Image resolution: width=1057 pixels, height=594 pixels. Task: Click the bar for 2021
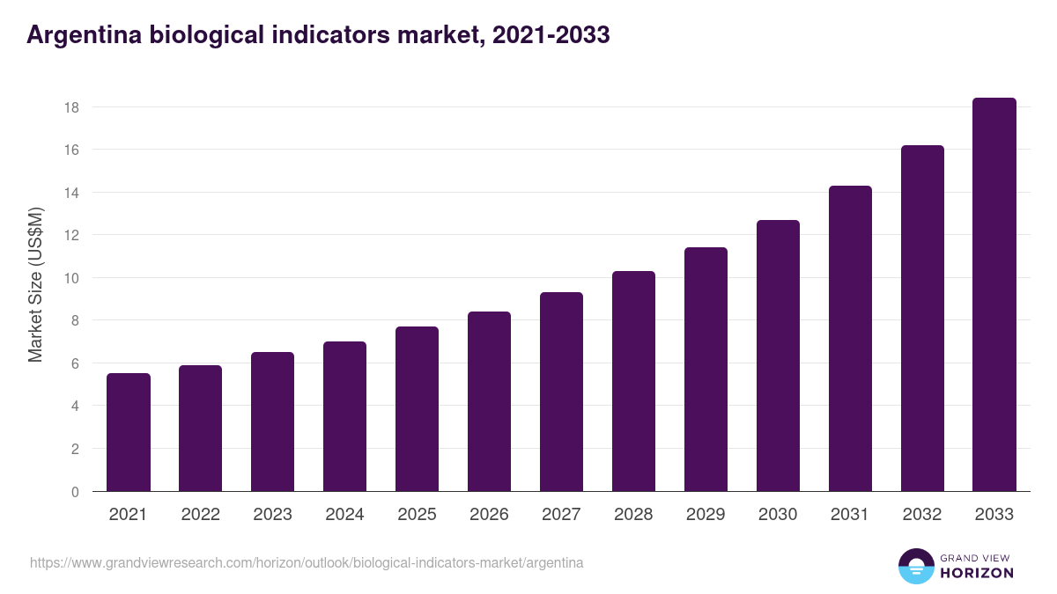pos(129,432)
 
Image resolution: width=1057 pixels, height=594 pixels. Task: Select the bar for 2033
pos(994,295)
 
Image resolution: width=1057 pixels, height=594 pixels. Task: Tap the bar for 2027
pos(561,392)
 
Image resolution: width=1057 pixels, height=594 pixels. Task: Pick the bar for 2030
pos(778,356)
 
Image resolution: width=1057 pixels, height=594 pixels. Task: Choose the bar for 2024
pos(344,416)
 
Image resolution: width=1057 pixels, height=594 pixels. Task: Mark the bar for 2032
pos(922,319)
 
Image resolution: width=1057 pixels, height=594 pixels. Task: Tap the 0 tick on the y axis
pos(75,492)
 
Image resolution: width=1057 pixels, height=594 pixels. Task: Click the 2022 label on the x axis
pos(201,515)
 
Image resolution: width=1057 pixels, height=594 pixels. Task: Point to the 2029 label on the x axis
pos(706,515)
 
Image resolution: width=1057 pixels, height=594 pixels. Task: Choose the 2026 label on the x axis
pos(489,515)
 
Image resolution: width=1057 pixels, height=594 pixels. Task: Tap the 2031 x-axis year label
pos(850,515)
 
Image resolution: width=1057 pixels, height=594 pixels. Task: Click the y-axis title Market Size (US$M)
pos(35,284)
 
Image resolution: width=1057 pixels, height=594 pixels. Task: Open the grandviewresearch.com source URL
pos(307,562)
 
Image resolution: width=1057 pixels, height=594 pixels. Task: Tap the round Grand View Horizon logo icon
pos(916,566)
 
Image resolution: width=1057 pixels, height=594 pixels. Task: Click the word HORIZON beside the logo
pos(978,573)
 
